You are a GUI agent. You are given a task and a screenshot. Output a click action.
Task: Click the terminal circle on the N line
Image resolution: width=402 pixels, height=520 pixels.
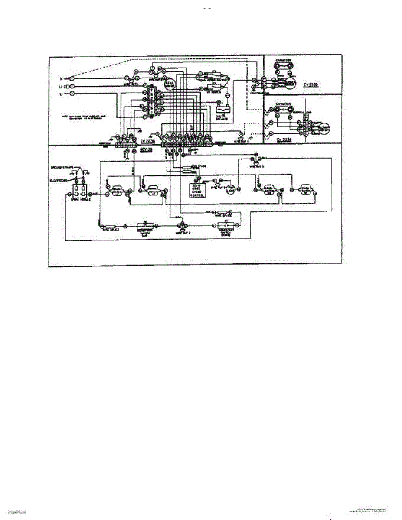72,79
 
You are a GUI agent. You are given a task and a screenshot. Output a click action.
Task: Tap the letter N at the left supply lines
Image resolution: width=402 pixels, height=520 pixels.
61,79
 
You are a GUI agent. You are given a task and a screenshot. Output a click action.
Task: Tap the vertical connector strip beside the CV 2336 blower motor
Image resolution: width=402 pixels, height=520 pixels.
306,126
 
